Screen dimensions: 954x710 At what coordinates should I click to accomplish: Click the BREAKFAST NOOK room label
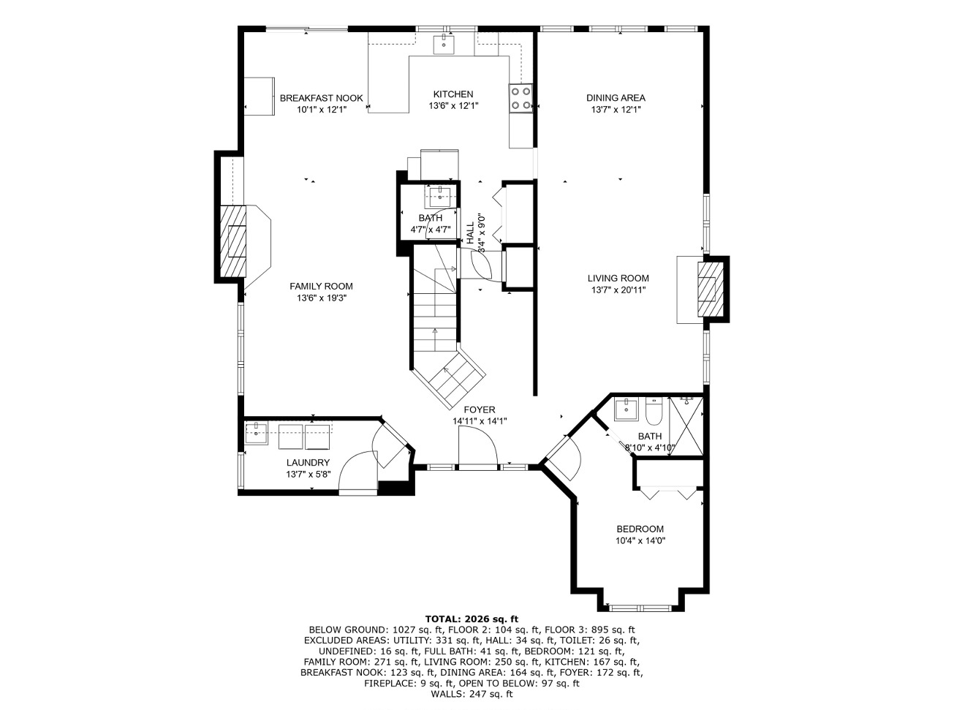[321, 98]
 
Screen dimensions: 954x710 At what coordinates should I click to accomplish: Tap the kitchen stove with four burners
[521, 98]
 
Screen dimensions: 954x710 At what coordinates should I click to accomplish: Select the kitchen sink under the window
[443, 45]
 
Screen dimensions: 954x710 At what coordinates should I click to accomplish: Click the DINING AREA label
[616, 98]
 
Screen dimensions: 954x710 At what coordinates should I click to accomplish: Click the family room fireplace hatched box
[232, 241]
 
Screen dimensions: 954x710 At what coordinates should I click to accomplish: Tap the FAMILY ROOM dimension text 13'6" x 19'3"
[322, 298]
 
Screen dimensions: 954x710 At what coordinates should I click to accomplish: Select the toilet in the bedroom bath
[655, 410]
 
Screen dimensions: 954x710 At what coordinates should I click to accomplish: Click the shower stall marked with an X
[686, 426]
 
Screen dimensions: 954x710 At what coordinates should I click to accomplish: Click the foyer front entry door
[478, 449]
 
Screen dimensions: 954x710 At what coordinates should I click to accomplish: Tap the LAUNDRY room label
[308, 463]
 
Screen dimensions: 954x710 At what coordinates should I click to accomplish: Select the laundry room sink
[256, 433]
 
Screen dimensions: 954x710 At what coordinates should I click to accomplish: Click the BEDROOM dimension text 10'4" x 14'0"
[640, 541]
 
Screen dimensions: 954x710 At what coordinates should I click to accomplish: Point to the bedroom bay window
[640, 608]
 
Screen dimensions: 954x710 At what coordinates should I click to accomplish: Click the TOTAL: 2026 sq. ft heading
[472, 619]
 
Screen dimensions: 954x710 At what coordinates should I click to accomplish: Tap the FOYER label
[479, 409]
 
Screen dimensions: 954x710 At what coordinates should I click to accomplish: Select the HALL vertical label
[470, 233]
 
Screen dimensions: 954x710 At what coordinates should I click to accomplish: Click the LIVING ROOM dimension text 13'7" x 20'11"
[618, 290]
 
